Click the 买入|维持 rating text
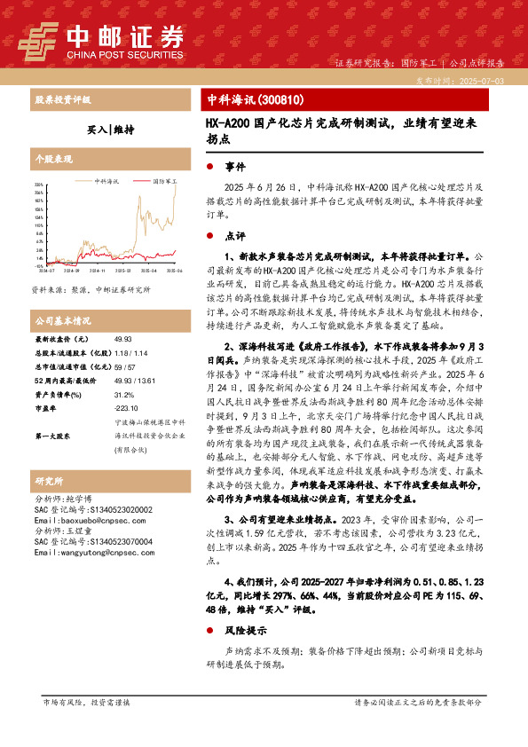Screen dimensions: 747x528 [x=111, y=129]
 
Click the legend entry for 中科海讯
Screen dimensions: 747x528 [x=107, y=180]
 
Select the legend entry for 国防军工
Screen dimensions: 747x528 [x=164, y=180]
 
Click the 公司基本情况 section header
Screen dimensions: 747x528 [x=62, y=319]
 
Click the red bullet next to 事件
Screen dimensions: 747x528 [x=209, y=166]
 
